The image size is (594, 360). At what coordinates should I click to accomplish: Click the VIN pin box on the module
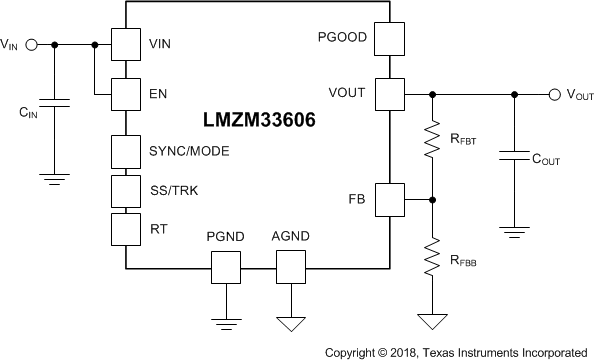point(126,44)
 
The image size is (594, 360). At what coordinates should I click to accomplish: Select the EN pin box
point(126,95)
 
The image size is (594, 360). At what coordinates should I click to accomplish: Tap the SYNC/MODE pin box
point(126,151)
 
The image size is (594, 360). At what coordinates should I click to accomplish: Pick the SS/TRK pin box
point(126,190)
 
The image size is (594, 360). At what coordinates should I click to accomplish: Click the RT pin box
point(126,228)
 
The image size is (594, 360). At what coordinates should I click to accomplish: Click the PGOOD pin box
point(388,41)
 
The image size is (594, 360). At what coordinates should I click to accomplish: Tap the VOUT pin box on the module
point(388,94)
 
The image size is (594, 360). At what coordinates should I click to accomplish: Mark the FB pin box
point(388,197)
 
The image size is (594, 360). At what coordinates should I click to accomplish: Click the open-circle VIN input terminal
point(30,44)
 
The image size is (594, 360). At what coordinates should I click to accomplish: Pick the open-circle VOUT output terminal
point(554,95)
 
